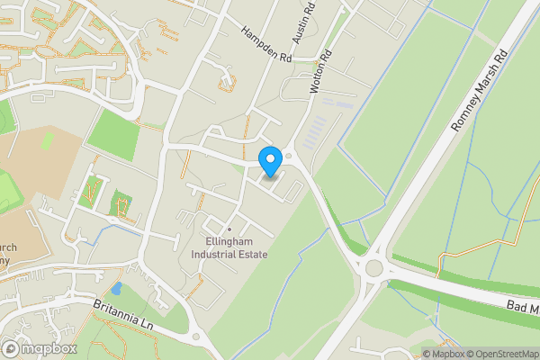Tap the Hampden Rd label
point(267,44)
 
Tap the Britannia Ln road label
point(124,316)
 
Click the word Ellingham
point(229,242)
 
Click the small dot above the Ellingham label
point(229,229)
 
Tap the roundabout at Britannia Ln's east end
point(197,337)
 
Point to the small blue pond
point(116,290)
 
